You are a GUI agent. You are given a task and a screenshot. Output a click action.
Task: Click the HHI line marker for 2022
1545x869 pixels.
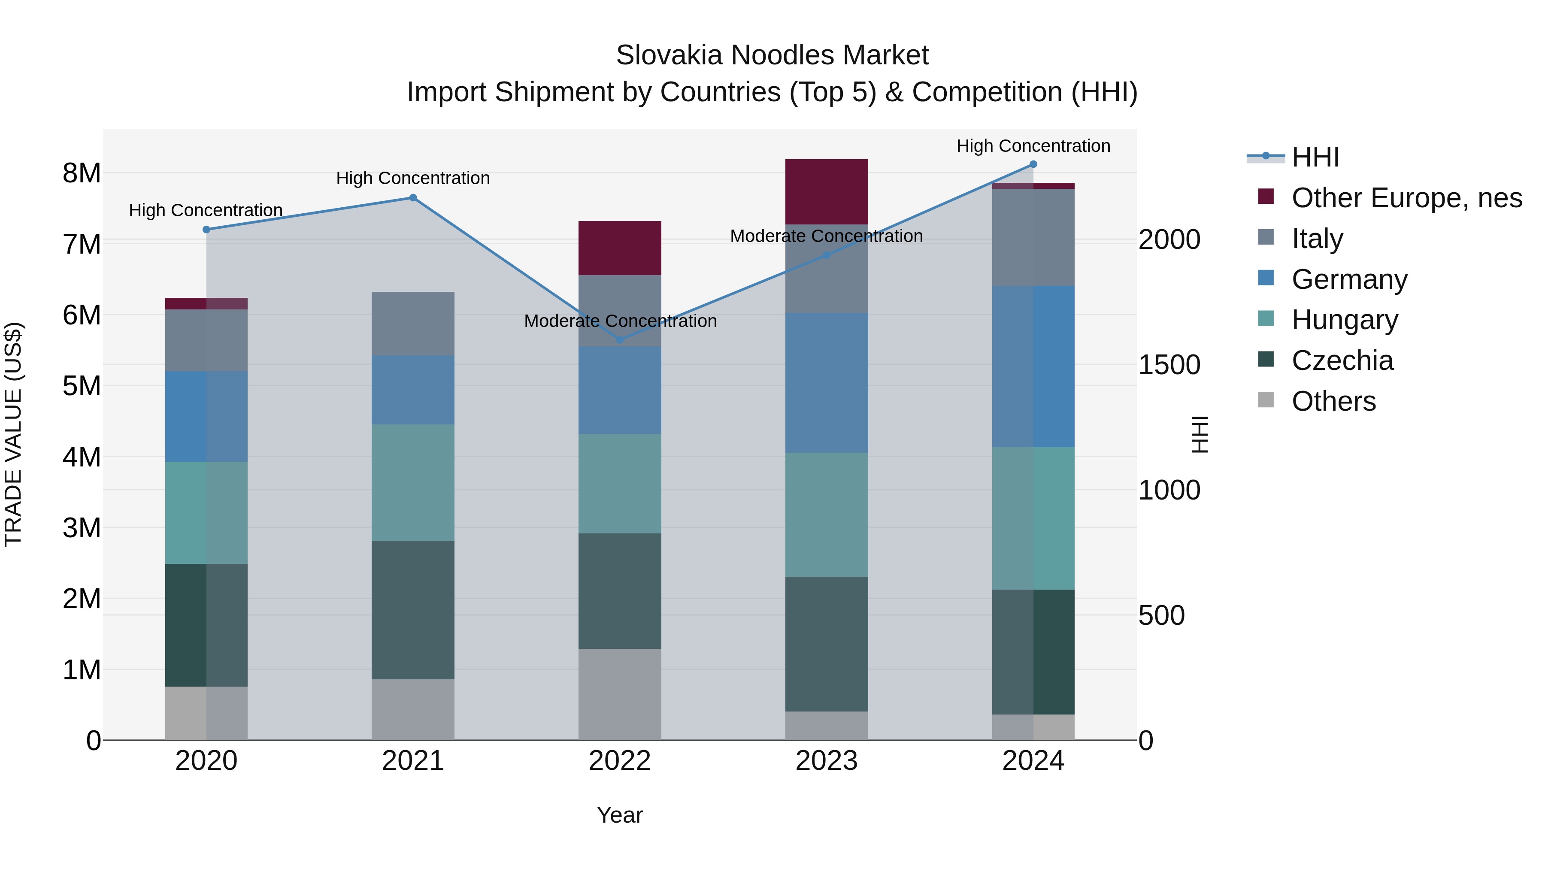[620, 340]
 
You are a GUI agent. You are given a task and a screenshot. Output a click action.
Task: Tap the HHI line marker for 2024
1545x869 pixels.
[1033, 164]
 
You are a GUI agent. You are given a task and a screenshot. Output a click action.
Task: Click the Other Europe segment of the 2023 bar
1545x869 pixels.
[827, 192]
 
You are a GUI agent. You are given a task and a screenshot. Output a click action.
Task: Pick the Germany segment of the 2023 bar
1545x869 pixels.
[827, 383]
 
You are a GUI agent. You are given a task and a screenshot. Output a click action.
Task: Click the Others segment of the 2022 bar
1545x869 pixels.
[620, 694]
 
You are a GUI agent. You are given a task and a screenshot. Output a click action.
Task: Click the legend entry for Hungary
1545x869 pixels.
[1344, 320]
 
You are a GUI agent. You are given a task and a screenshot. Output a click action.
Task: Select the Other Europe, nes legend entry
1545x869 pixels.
[1406, 198]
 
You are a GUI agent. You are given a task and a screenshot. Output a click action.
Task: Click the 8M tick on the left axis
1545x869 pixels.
[82, 173]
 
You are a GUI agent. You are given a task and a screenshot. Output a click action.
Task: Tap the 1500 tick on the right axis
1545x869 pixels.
[1169, 365]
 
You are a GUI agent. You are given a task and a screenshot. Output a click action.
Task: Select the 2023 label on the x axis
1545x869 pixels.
[827, 761]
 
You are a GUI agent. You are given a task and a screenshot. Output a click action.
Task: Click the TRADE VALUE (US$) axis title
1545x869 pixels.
[13, 434]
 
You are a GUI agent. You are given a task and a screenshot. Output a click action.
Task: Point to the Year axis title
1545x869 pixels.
[620, 815]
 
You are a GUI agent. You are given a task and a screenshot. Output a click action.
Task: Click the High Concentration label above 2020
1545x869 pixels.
[206, 211]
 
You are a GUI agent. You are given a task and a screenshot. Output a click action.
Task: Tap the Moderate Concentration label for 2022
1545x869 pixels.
[620, 321]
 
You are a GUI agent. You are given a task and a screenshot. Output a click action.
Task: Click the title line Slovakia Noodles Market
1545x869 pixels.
[772, 55]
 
